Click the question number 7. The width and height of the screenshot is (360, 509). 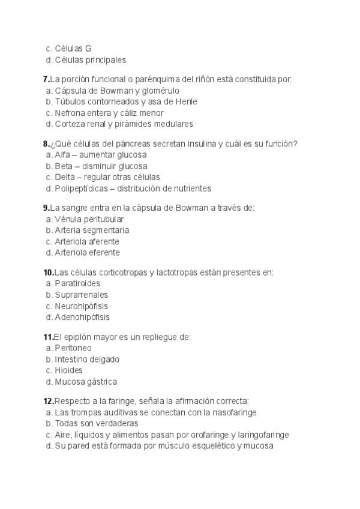pos(46,79)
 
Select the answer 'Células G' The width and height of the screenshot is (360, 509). pos(73,49)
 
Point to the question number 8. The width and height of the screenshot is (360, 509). pos(46,143)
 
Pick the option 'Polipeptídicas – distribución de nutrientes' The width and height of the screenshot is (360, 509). pos(133,188)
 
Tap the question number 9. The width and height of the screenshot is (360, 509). pos(46,208)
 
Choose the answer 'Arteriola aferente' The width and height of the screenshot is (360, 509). pos(87,241)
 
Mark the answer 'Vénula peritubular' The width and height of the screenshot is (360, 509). pos(89,219)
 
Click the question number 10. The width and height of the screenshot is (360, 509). pos(48,273)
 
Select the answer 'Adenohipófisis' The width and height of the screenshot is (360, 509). pos(82,317)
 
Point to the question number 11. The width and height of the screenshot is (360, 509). pos(48,337)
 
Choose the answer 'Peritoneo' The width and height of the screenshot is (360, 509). pos(73,348)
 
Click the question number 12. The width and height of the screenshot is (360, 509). pos(48,401)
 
